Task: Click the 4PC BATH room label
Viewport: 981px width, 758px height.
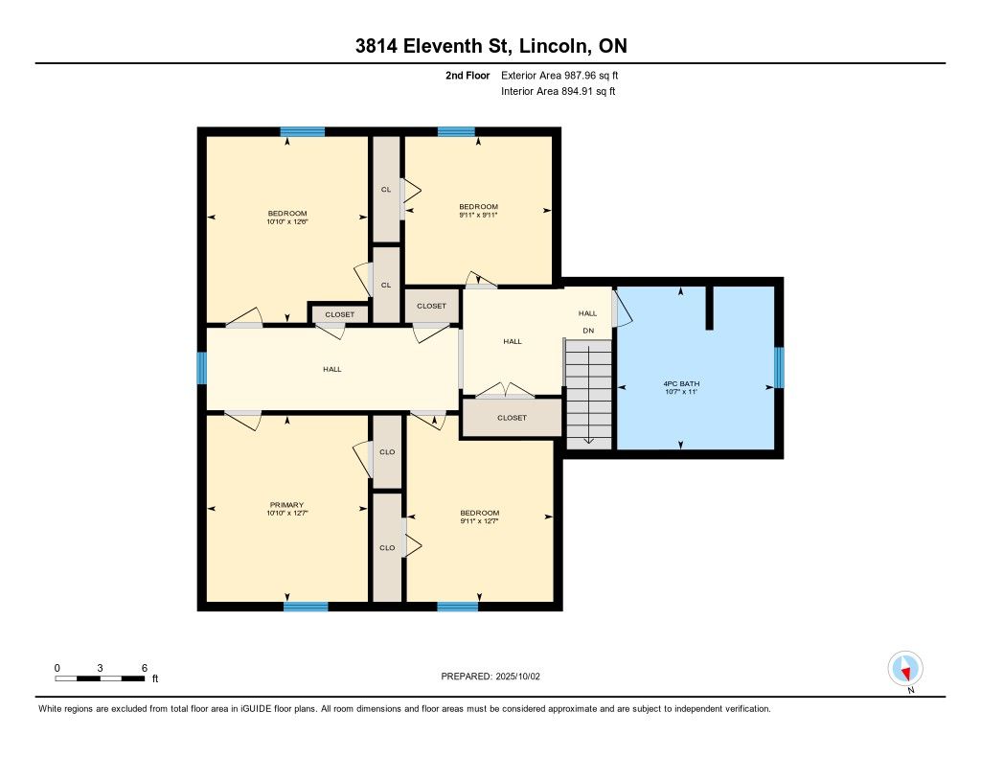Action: coord(681,383)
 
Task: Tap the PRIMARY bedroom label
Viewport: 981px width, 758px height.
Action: coord(286,505)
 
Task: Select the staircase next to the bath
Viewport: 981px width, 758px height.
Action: coord(589,394)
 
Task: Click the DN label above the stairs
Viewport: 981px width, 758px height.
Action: coord(589,331)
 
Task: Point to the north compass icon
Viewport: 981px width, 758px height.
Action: coord(905,669)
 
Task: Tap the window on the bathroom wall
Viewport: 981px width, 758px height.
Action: coord(779,367)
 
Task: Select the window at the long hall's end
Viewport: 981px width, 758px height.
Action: coord(201,368)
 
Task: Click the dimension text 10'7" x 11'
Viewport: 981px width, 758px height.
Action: coord(681,392)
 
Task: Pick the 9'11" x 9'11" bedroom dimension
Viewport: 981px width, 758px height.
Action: coord(479,215)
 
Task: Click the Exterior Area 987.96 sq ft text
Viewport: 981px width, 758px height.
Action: coord(559,75)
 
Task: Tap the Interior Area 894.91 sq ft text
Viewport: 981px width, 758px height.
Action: coord(559,91)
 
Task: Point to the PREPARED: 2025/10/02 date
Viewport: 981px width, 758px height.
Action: coord(490,677)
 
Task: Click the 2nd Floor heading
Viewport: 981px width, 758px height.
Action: coord(468,75)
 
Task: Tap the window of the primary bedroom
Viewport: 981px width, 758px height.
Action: coord(306,607)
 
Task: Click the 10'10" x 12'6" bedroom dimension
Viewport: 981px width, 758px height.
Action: coord(287,221)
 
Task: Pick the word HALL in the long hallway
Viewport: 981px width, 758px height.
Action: coord(332,369)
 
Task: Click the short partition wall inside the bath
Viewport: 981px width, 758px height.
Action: coord(710,308)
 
